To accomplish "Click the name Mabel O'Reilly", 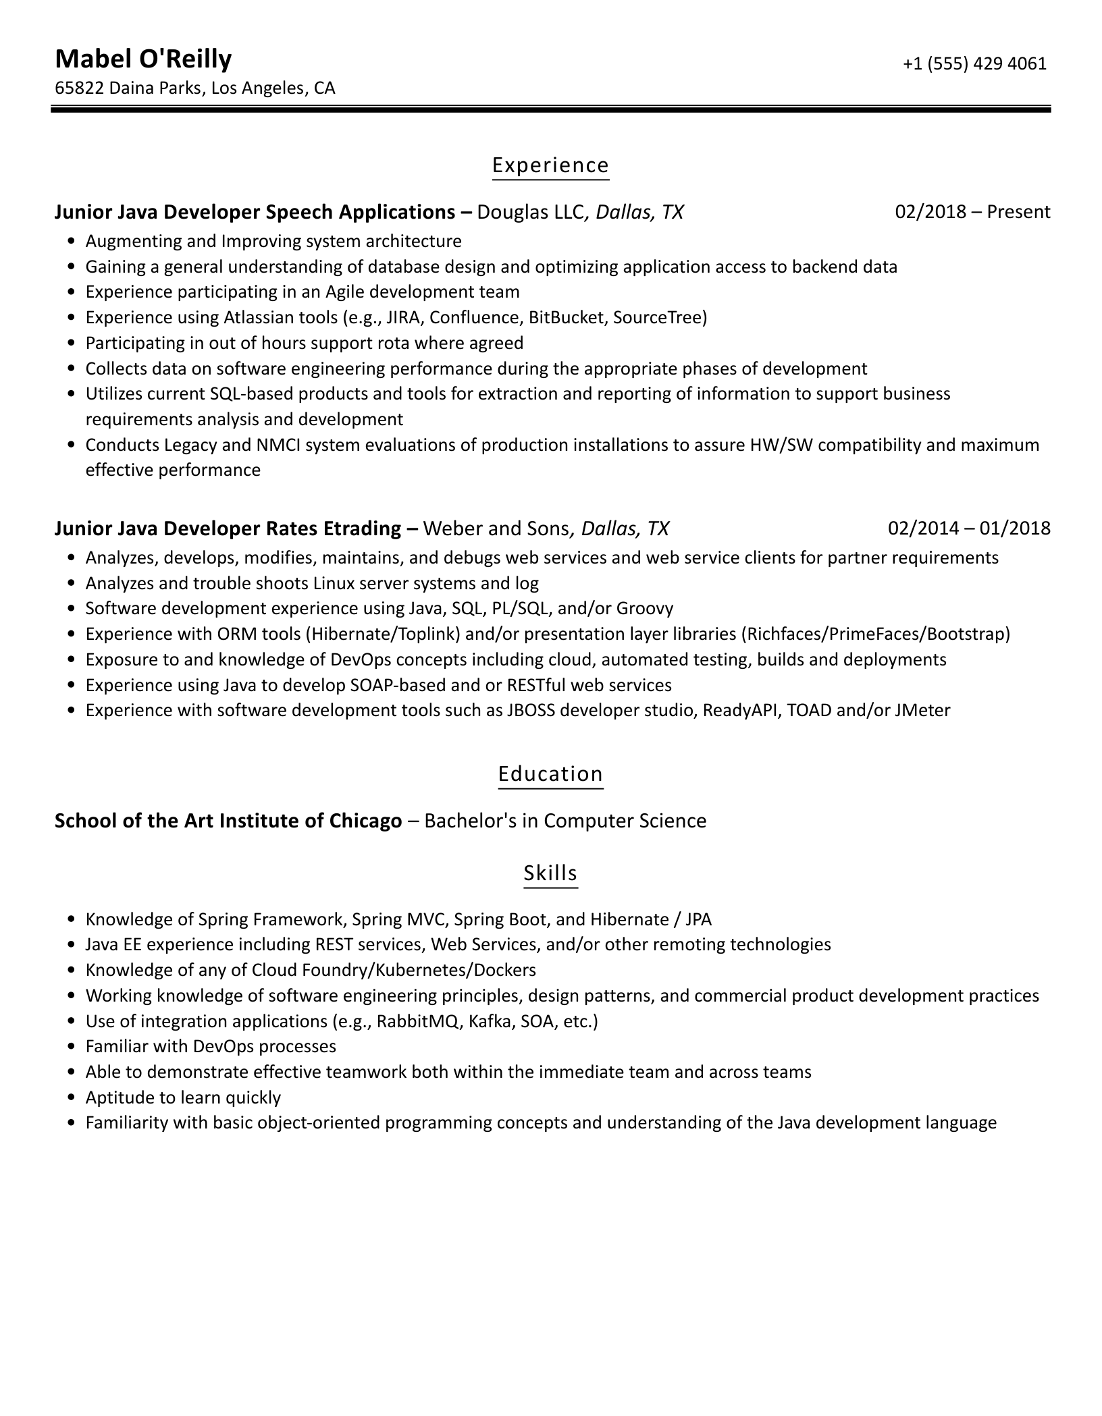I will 143,60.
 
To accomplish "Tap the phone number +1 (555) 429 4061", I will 974,63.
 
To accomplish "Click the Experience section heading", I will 550,165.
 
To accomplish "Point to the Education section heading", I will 550,773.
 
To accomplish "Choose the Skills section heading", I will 550,873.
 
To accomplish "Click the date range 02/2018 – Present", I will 972,212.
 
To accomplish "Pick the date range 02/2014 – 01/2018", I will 969,528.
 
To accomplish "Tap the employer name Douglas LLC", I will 530,212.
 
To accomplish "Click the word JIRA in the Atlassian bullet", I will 404,317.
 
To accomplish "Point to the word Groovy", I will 645,609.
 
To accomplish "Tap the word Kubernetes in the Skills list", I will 422,970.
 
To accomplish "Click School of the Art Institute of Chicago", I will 228,821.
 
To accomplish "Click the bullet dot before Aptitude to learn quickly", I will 72,1098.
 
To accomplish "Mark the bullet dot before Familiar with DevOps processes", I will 72,1047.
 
